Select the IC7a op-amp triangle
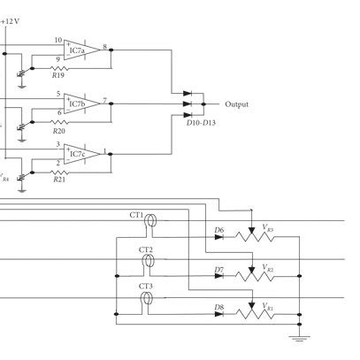tap(80, 50)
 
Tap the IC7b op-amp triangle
tap(80, 103)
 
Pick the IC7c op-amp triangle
tap(80, 154)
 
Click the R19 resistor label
tap(58, 77)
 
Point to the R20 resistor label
tap(58, 129)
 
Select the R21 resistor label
tap(58, 180)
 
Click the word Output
tap(236, 104)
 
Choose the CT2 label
tap(145, 251)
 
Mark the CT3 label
tap(145, 287)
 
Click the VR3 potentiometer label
tap(269, 229)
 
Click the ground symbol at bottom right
tap(300, 337)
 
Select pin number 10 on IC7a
tap(58, 40)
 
